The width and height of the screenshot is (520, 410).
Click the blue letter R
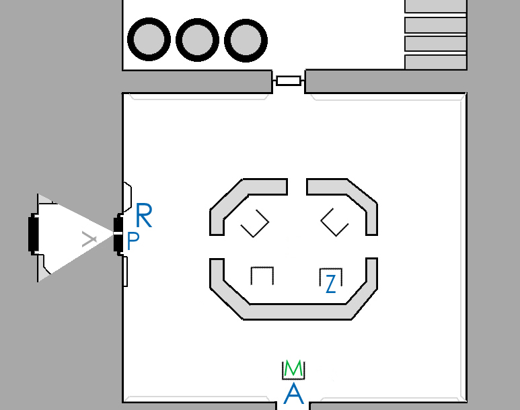pyautogui.click(x=144, y=215)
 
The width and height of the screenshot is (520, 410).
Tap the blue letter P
pyautogui.click(x=133, y=241)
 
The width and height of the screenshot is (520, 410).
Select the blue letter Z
pyautogui.click(x=331, y=284)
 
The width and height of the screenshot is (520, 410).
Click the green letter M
pyautogui.click(x=293, y=368)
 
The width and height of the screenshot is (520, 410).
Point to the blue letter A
pyautogui.click(x=294, y=393)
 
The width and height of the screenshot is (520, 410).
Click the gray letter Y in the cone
pyautogui.click(x=89, y=239)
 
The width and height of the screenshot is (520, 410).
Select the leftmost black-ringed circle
pyautogui.click(x=149, y=39)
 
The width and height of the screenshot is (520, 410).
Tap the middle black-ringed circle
pyautogui.click(x=197, y=40)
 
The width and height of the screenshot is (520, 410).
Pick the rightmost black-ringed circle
pyautogui.click(x=246, y=40)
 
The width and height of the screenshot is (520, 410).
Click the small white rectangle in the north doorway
pyautogui.click(x=289, y=81)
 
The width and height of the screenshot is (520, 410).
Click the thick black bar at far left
pyautogui.click(x=33, y=234)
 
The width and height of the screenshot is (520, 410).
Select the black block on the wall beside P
pyautogui.click(x=118, y=235)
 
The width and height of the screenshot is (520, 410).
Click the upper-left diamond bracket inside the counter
pyautogui.click(x=255, y=223)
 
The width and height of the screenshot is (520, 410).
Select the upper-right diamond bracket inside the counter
pyautogui.click(x=334, y=222)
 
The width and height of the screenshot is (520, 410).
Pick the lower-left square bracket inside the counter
pyautogui.click(x=262, y=276)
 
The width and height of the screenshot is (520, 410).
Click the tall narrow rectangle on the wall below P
pyautogui.click(x=125, y=271)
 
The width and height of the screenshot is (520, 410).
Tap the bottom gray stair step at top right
pyautogui.click(x=436, y=63)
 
